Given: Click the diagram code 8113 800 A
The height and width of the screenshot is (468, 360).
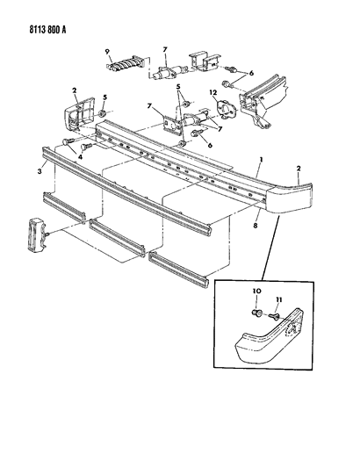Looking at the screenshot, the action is coord(47,30).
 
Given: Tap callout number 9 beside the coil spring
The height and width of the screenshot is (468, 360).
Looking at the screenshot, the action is coord(107,52).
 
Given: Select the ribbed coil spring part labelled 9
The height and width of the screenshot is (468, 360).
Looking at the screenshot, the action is coord(126,63).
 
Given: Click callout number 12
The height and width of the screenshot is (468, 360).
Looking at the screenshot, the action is coord(213,93).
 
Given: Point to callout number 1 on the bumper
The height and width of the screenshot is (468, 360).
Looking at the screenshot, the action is coord(261,160).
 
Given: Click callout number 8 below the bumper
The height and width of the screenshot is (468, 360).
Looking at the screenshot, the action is coord(256,226).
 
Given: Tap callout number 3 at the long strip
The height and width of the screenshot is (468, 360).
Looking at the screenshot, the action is coord(40,170).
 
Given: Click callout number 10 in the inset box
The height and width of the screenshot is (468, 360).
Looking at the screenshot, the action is coord(257,291).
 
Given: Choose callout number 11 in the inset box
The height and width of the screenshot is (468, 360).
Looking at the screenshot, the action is coord(278,299).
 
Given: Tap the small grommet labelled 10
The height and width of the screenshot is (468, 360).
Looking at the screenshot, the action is coord(257,313).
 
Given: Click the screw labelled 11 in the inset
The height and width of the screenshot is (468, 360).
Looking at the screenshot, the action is coord(274,316).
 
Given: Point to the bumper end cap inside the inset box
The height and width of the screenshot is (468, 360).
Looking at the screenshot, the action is coord(269,336).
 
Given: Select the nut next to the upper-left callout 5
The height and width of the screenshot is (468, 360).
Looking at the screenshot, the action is coord(103,114).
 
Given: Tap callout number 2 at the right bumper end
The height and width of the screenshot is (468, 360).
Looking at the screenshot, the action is coord(299,169).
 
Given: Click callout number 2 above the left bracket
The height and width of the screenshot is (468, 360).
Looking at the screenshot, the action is coord(74,90).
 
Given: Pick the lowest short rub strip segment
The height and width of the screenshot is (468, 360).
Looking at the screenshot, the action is coord(179,270).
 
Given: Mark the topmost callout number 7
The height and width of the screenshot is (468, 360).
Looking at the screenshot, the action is coord(165,50).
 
